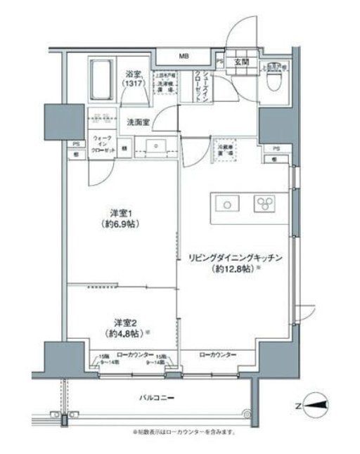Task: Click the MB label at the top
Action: [x=183, y=56]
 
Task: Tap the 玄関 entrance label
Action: [x=243, y=61]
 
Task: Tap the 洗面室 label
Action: [x=138, y=122]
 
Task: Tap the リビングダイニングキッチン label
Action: [x=236, y=258]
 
